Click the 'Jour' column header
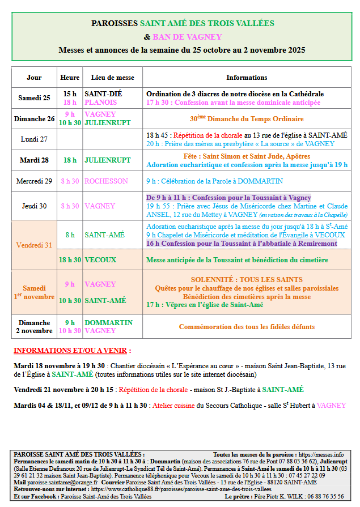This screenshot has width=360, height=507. pos(34,78)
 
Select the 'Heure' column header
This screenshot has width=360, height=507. pos(69,78)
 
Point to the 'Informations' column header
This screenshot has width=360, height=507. pos(247,78)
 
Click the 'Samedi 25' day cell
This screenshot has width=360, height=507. pos(34,98)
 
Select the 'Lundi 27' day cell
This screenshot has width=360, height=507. pos(34,139)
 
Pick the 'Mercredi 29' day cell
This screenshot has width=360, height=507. pos(34,181)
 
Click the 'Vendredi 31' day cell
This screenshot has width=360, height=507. pos(34,245)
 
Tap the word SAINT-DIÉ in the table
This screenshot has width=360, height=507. pos(103,93)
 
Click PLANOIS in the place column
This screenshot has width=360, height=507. pos(101,103)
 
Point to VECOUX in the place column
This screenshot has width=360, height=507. pos(100,260)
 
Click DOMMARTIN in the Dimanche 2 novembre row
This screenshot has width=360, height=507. pos(108,322)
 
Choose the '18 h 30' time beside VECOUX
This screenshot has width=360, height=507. pos(69,260)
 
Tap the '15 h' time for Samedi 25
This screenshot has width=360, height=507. pos(70,93)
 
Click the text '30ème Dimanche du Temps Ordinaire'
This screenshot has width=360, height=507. pos(247,119)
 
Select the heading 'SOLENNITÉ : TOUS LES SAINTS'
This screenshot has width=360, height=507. pos(247,280)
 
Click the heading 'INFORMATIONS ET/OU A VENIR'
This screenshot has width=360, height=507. pos(72,351)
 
